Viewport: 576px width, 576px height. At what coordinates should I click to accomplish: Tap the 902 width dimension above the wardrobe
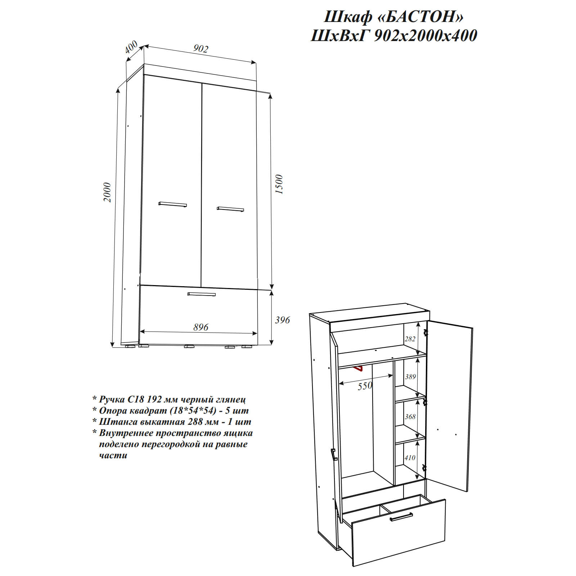(x=201, y=49)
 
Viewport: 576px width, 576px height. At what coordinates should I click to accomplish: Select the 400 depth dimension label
(x=131, y=47)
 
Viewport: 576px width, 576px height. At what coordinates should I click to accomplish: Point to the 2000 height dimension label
(x=107, y=192)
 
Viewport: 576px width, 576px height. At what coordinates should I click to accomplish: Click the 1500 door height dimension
(x=279, y=184)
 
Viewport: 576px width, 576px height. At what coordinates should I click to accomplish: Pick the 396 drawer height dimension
(x=282, y=320)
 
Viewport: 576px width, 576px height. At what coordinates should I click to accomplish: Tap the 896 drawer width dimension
(x=201, y=327)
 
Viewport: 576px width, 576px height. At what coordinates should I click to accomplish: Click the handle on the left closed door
(x=173, y=204)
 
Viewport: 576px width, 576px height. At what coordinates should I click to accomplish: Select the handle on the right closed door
(x=230, y=209)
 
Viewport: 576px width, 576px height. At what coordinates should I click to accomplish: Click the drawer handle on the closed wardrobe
(x=202, y=294)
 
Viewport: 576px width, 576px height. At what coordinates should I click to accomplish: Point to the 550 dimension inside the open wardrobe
(x=365, y=386)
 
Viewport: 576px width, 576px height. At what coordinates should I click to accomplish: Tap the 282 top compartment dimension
(x=410, y=339)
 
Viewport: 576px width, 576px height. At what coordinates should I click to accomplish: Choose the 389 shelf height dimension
(x=410, y=377)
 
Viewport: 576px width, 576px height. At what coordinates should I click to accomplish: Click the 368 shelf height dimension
(x=410, y=417)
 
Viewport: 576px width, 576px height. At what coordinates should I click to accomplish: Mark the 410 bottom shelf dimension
(x=410, y=458)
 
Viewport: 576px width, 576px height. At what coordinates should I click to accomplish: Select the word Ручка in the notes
(x=112, y=399)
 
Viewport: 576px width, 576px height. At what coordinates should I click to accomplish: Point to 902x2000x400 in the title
(x=426, y=36)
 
